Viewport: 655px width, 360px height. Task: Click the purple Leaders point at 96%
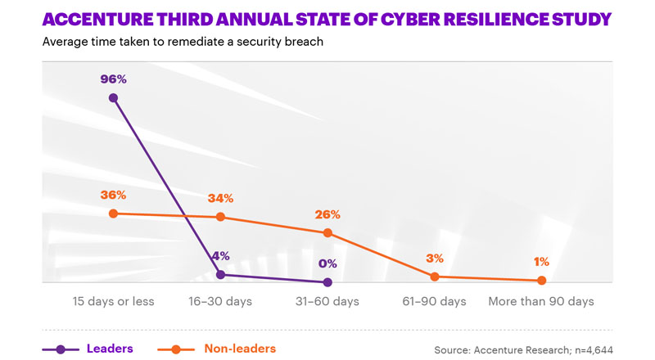[113, 98]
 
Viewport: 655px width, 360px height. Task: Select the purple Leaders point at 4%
[220, 275]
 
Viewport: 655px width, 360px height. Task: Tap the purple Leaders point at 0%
[327, 282]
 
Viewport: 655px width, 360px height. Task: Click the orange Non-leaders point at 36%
[113, 214]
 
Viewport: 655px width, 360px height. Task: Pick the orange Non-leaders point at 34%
[220, 217]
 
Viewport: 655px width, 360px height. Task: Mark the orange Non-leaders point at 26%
[327, 232]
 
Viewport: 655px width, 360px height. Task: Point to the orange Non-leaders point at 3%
[435, 277]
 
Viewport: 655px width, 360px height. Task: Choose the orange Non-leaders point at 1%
[541, 281]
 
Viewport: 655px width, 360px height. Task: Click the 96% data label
[113, 79]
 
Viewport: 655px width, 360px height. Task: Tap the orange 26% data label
[327, 214]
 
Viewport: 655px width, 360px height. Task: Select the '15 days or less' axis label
[113, 302]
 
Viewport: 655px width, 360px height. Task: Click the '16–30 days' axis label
[220, 302]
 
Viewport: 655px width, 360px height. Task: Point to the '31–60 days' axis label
[327, 302]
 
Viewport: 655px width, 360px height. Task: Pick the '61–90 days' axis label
[435, 302]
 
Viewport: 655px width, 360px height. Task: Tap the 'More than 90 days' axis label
[541, 302]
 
